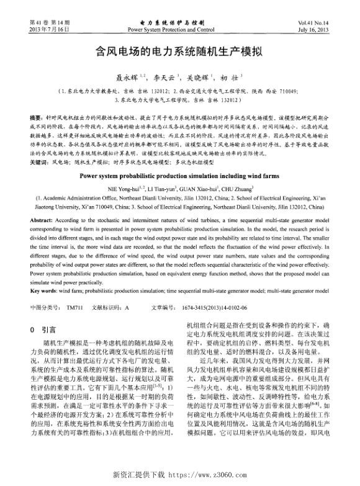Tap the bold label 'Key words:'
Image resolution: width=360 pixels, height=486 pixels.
tap(43, 290)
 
